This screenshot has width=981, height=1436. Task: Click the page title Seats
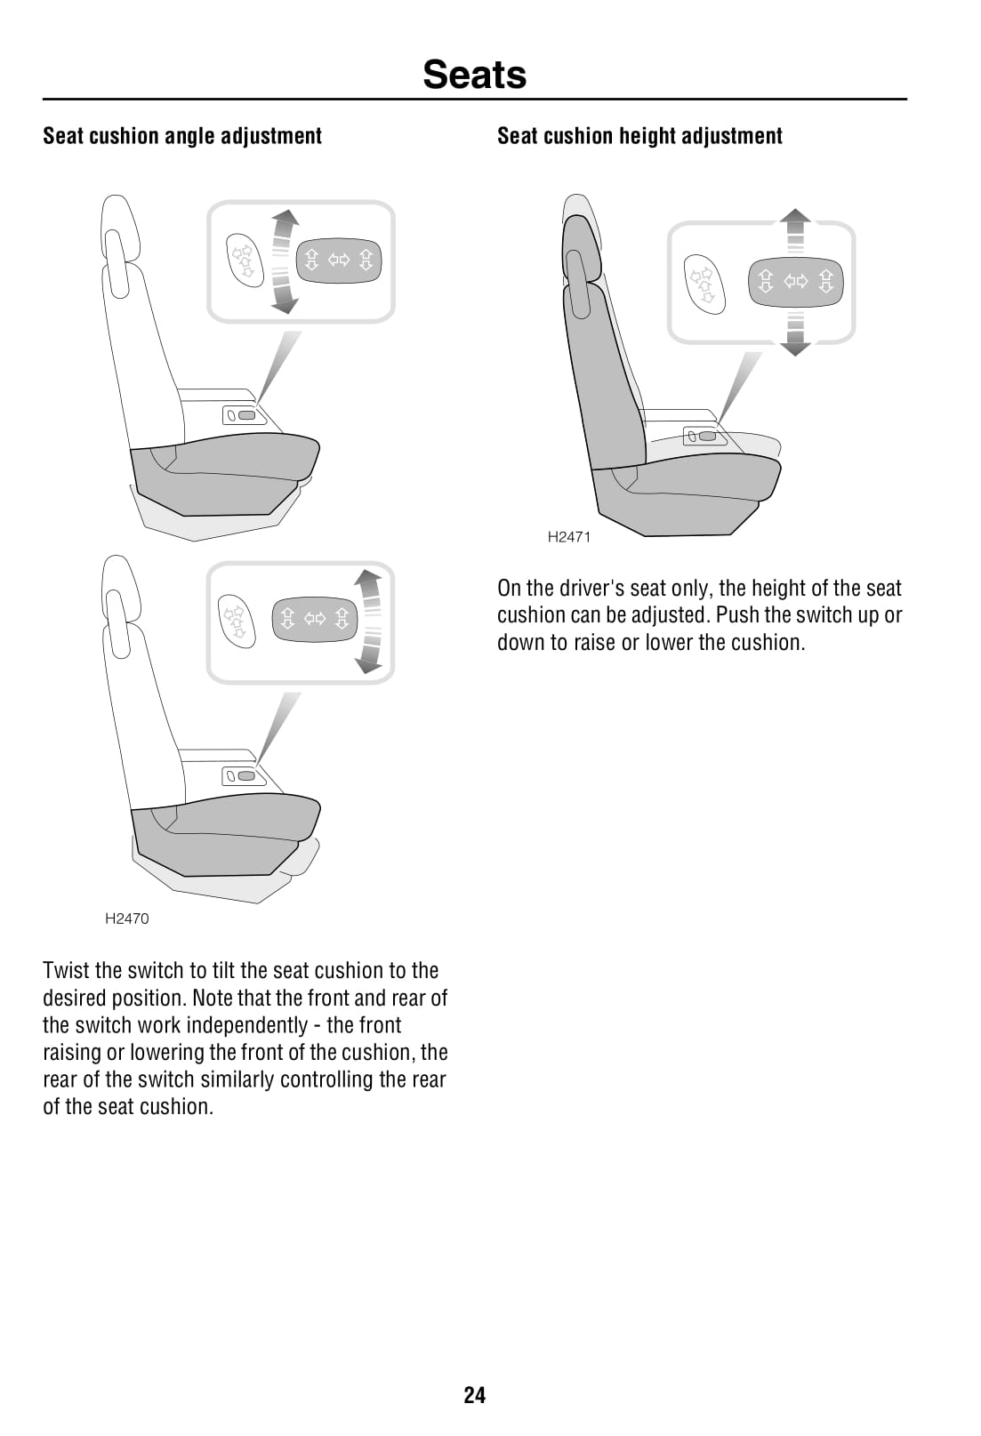(474, 75)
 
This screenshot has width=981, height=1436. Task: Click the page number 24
(474, 1395)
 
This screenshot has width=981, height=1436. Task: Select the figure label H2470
(127, 919)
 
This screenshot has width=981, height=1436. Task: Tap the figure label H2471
(568, 537)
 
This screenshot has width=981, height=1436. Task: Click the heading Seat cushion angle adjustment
(182, 136)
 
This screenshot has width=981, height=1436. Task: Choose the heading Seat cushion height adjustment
(639, 136)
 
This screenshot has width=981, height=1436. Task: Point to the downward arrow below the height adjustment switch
(795, 334)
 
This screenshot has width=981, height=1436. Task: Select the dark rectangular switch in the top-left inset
(339, 261)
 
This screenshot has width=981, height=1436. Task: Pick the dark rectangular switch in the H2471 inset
(796, 282)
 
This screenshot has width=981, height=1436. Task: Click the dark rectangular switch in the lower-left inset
(314, 619)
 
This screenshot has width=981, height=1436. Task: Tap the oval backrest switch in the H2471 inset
(704, 285)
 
